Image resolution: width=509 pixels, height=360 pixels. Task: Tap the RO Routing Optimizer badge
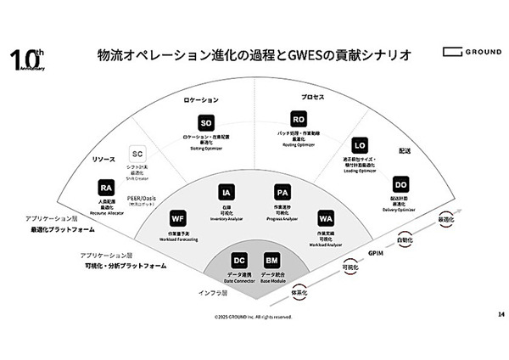point(298,119)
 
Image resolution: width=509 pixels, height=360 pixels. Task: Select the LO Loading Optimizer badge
point(360,144)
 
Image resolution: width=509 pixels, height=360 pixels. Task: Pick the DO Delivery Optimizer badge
point(400,185)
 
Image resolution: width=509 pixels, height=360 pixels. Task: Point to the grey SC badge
point(137,155)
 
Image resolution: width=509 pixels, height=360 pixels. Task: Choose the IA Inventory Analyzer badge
point(225,192)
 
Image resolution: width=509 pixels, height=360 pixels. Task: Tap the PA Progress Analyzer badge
point(282,192)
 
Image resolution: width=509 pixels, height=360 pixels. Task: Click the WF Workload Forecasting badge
point(178,218)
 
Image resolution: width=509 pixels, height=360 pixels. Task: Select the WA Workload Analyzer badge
point(326,218)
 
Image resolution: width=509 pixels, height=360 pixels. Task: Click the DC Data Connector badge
point(239,260)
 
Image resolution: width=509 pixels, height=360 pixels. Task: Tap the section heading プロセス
point(313,97)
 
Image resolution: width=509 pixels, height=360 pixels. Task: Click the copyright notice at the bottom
point(252,317)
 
